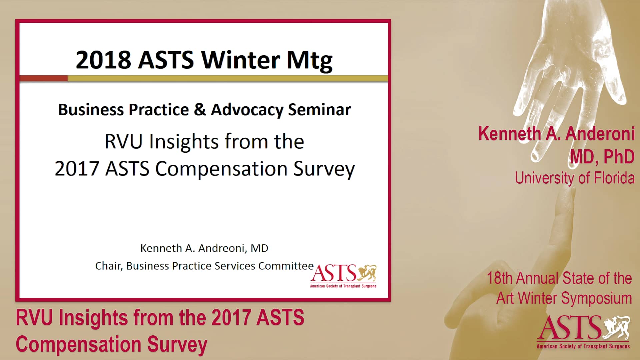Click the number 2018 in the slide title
tap(103, 60)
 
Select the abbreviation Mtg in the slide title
tap(309, 61)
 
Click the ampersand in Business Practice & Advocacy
tap(200, 110)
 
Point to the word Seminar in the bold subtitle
tap(319, 110)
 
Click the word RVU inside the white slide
tap(123, 142)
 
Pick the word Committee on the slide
tap(286, 266)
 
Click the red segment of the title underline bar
tap(43, 78)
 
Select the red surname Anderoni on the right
tap(600, 134)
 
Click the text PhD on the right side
tap(619, 157)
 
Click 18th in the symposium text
tap(499, 278)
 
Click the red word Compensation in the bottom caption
tap(78, 344)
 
